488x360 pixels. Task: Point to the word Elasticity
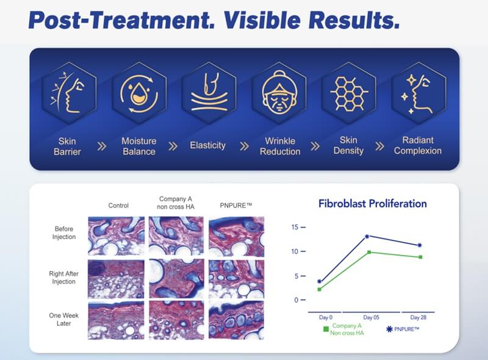(207, 146)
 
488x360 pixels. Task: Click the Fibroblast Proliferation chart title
(372, 204)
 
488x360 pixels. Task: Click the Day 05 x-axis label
(371, 318)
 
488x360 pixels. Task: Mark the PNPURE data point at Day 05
(367, 236)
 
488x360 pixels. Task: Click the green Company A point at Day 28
(420, 257)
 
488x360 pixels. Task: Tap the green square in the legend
(326, 329)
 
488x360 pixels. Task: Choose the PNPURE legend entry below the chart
(403, 329)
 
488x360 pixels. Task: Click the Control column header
(118, 206)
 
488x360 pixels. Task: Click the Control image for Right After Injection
(116, 278)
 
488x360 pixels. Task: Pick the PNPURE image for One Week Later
(236, 320)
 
